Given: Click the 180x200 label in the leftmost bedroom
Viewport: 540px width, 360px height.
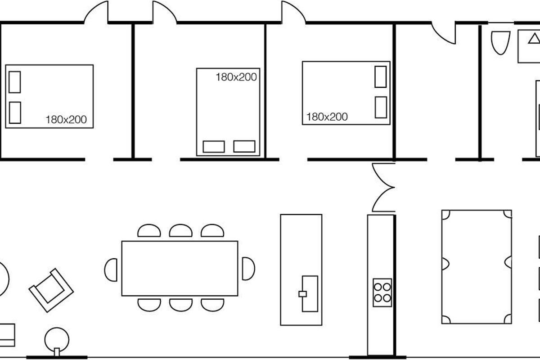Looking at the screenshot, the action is pos(66,120).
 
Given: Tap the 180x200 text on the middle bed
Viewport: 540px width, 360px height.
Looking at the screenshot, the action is pos(236,77).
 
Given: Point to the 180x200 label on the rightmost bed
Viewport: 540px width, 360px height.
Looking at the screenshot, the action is pos(327,117).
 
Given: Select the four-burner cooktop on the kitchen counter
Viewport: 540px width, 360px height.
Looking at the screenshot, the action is pos(382,292).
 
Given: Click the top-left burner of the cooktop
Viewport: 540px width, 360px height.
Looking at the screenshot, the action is pos(378,287).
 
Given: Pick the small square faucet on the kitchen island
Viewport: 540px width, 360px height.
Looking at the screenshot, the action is pos(302,294).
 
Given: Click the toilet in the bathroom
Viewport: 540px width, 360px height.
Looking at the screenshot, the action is pos(501,43).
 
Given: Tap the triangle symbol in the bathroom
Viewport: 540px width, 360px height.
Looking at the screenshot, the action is pos(534,39).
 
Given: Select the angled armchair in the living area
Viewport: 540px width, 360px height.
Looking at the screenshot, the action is pos(51,290).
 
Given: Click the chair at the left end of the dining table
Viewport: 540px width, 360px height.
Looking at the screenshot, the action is pos(111,270).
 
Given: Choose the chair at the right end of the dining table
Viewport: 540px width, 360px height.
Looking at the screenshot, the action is pos(248,269).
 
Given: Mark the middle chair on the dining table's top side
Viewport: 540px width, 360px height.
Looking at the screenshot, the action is pos(181,230).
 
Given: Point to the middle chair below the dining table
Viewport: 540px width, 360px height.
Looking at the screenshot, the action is pos(181,305).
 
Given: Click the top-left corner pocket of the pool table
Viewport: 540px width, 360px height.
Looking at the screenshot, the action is pos(445,215).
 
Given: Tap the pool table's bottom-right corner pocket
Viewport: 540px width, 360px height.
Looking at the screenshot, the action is pos(508,319).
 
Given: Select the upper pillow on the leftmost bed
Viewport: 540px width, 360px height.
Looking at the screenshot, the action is pos(15,82).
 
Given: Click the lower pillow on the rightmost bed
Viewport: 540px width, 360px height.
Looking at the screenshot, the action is pos(381,107).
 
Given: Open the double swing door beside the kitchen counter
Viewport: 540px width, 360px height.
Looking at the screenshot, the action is pos(383,187).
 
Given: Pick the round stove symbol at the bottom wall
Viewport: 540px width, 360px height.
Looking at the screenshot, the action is pos(57,341).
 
